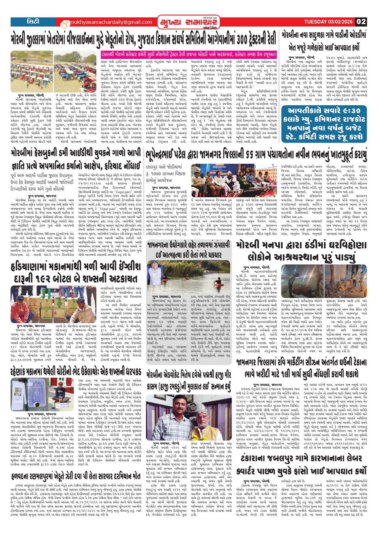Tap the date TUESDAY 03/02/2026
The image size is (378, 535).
329,22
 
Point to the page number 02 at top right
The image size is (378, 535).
361,22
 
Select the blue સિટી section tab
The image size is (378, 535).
33,22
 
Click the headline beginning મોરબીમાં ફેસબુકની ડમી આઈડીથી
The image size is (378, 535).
76,154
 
